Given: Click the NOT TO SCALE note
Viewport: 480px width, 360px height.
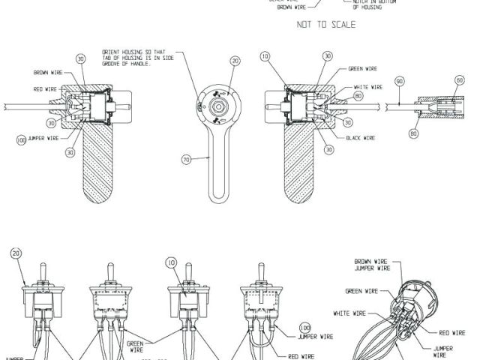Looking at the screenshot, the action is click(x=325, y=24).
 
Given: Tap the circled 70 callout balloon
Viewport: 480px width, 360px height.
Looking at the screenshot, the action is click(x=188, y=159).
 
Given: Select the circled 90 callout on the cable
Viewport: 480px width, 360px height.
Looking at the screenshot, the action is click(x=399, y=80).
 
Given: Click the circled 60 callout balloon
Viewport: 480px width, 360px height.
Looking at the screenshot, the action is click(x=460, y=80).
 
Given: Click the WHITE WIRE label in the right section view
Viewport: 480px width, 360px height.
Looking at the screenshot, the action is click(x=367, y=87).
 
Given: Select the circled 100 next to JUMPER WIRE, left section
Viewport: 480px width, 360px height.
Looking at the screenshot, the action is click(x=20, y=139).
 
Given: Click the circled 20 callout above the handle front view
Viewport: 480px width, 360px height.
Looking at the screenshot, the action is click(x=235, y=60).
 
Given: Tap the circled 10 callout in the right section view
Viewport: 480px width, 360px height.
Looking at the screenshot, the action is click(x=264, y=57).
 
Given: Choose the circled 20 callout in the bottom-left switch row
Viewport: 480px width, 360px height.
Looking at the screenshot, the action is click(x=16, y=254).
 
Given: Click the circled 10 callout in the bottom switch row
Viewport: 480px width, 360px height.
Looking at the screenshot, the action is click(x=172, y=263).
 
